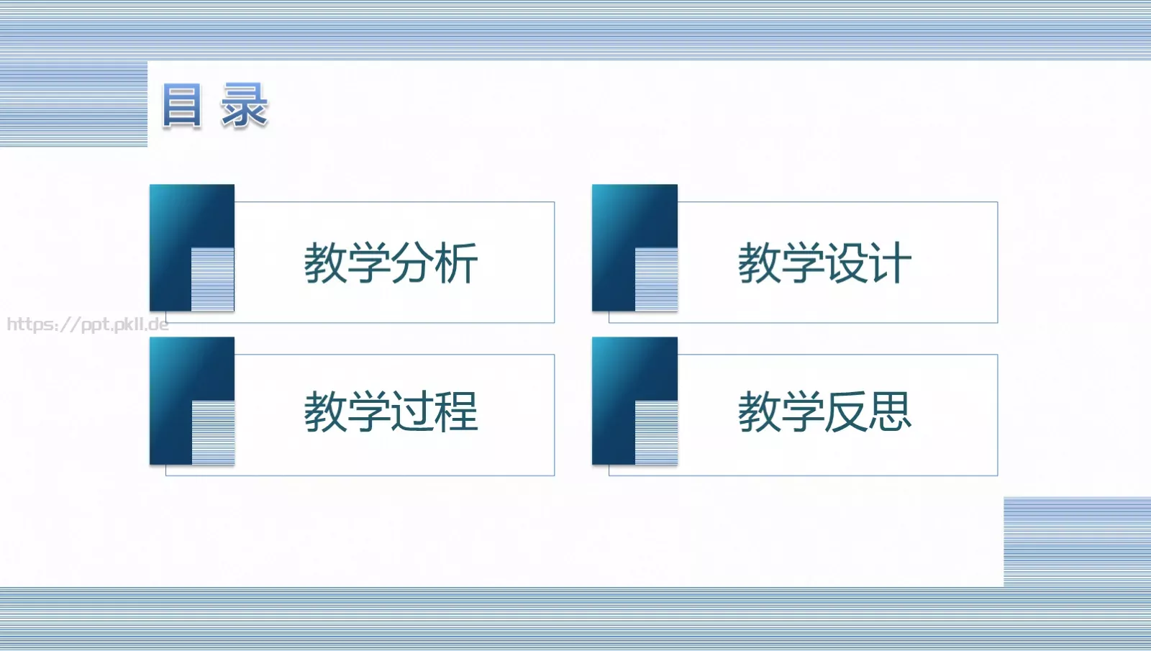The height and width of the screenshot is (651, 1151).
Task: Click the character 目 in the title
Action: [x=181, y=106]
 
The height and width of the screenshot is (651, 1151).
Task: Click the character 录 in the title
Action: [x=245, y=106]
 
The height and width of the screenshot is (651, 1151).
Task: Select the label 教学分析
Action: [x=391, y=263]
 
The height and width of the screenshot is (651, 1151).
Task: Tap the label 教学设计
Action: [x=824, y=263]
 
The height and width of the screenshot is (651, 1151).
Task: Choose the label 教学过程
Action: [x=391, y=412]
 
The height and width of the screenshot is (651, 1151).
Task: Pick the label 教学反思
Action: [x=824, y=412]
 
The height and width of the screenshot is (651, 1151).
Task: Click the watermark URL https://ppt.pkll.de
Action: [x=88, y=324]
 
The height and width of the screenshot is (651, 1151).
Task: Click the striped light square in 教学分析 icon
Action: [x=213, y=280]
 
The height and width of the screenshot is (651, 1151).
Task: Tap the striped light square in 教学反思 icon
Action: [x=656, y=432]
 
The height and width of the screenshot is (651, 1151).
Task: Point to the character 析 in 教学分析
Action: [x=456, y=263]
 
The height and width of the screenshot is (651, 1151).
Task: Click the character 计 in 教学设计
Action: [x=890, y=263]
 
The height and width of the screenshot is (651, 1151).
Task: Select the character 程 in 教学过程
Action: [x=456, y=412]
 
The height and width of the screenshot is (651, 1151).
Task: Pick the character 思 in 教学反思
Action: [x=890, y=412]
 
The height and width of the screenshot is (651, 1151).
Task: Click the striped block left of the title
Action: [x=73, y=104]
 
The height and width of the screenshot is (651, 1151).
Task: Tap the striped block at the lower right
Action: [x=1077, y=541]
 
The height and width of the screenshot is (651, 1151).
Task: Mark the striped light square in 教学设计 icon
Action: [x=656, y=280]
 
